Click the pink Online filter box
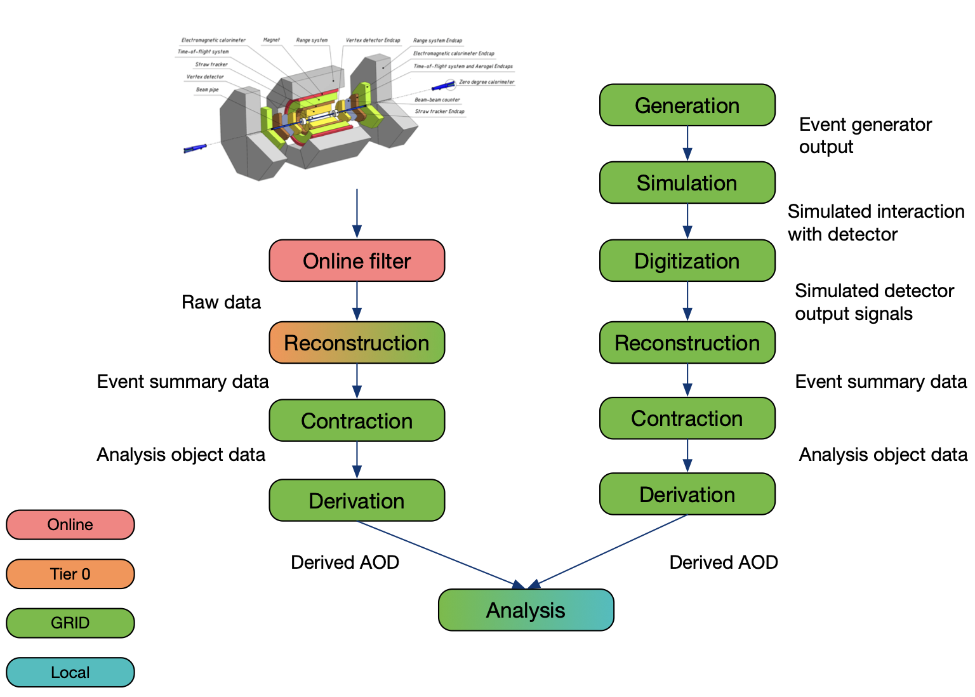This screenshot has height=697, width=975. click(x=357, y=261)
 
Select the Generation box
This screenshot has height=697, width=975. click(x=687, y=105)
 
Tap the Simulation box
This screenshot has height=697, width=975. click(x=687, y=183)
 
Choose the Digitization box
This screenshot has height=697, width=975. click(x=687, y=261)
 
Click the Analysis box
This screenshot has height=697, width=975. click(x=526, y=610)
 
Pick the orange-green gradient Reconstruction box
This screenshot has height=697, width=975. click(x=357, y=343)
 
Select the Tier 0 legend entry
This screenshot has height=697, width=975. click(x=70, y=574)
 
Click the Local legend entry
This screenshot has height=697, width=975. click(x=70, y=672)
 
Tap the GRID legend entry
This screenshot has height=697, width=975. click(x=70, y=623)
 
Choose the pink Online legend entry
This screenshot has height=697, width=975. click(x=70, y=525)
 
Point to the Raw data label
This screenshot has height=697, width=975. click(x=221, y=302)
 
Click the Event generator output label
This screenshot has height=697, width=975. click(x=865, y=136)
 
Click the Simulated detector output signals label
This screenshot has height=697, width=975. click(x=874, y=302)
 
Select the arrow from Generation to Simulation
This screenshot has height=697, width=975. click(x=687, y=143)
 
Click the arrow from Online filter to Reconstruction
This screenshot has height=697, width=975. click(x=357, y=301)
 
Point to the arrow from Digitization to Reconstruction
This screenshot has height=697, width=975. click(x=687, y=301)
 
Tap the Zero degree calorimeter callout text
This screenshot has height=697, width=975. click(x=486, y=82)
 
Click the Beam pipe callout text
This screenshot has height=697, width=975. click(x=208, y=90)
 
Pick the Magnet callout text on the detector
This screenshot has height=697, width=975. click(x=272, y=40)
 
